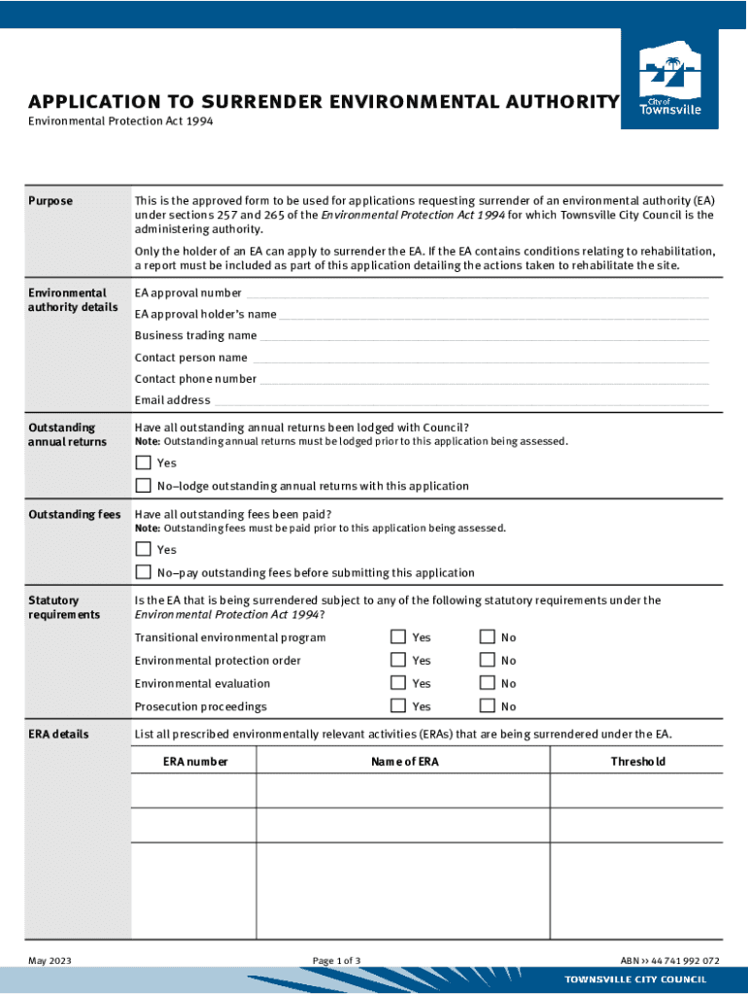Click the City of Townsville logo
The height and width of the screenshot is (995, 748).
[x=669, y=79]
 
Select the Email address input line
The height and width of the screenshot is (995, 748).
[x=461, y=400]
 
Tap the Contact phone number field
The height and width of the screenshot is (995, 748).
[x=484, y=379]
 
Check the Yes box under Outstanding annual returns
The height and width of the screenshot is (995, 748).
[x=144, y=463]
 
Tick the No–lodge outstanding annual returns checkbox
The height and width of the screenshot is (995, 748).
[x=144, y=486]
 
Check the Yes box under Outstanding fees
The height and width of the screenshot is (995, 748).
[x=144, y=549]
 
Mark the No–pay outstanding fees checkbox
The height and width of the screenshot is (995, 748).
[x=144, y=572]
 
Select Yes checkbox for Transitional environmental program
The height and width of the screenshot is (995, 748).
[x=398, y=637]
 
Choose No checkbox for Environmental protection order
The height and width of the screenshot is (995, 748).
[x=488, y=661]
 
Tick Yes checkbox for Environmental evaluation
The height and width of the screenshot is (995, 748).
[x=398, y=683]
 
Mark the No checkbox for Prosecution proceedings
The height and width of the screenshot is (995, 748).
[x=488, y=706]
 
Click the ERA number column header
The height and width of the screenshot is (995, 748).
[x=195, y=762]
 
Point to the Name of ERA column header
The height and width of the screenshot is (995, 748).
[x=404, y=762]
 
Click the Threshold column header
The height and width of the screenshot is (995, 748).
[x=637, y=762]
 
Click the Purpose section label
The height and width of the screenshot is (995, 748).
[x=51, y=201]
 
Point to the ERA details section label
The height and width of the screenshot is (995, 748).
[x=58, y=734]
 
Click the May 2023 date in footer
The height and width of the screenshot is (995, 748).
[x=50, y=961]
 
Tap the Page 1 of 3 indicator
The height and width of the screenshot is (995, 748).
[x=336, y=961]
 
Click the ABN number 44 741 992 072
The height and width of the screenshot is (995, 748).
[x=669, y=961]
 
